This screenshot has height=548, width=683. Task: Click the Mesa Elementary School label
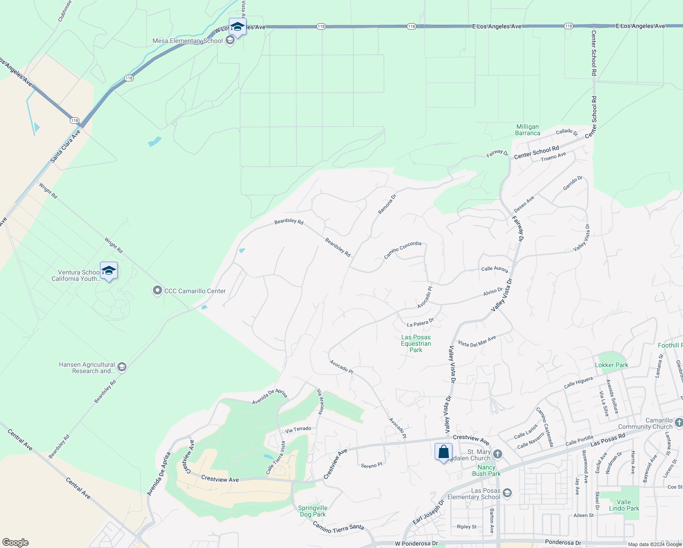coord(187,41)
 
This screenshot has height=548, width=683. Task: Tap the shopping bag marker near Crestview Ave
coord(443,452)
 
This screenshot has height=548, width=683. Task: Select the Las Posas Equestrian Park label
coord(416,343)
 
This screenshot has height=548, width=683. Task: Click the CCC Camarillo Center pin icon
coord(157,290)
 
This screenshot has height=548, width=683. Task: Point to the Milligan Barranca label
coord(527,130)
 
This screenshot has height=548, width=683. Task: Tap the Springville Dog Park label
coord(313,511)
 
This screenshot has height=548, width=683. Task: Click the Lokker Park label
coord(611,365)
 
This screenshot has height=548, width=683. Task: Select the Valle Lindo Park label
coord(624,505)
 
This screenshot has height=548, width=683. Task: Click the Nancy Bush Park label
coord(486,470)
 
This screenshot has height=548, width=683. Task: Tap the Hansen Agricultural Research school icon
coord(121,367)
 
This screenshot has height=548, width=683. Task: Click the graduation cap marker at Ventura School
coord(109,271)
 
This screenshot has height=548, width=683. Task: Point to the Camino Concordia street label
coord(403,250)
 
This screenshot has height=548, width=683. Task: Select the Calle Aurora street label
coord(494,269)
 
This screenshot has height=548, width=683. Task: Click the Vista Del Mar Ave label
coord(477,342)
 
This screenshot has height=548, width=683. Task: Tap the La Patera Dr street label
coord(420,323)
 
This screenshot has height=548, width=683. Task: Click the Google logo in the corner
coord(16,543)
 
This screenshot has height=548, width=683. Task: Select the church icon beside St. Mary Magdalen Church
coord(498,454)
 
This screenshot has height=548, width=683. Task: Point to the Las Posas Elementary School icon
coord(507,493)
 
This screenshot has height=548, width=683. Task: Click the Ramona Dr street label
coord(387,204)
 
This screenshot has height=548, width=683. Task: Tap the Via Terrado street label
coord(298,429)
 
